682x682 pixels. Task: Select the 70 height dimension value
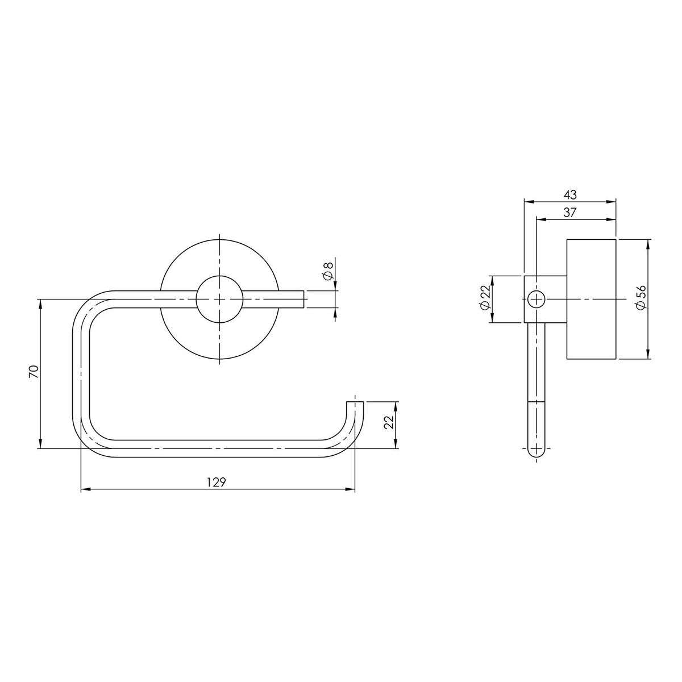pos(34,372)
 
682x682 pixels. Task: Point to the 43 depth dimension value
pos(570,194)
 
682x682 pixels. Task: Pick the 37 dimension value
pos(570,213)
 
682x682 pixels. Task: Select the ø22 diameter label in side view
pos(485,299)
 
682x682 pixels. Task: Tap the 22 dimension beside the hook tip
pos(389,422)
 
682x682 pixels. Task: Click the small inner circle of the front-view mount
pos(219,300)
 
